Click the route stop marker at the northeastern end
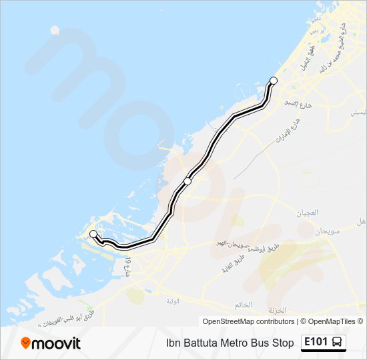[273, 81]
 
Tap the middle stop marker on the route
[188, 181]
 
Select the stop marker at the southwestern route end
[93, 234]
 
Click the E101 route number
[316, 342]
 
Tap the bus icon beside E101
[338, 343]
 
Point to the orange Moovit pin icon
[26, 343]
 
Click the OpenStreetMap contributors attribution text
[248, 321]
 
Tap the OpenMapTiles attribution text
[332, 321]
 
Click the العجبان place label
[308, 213]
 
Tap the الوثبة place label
[172, 301]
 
